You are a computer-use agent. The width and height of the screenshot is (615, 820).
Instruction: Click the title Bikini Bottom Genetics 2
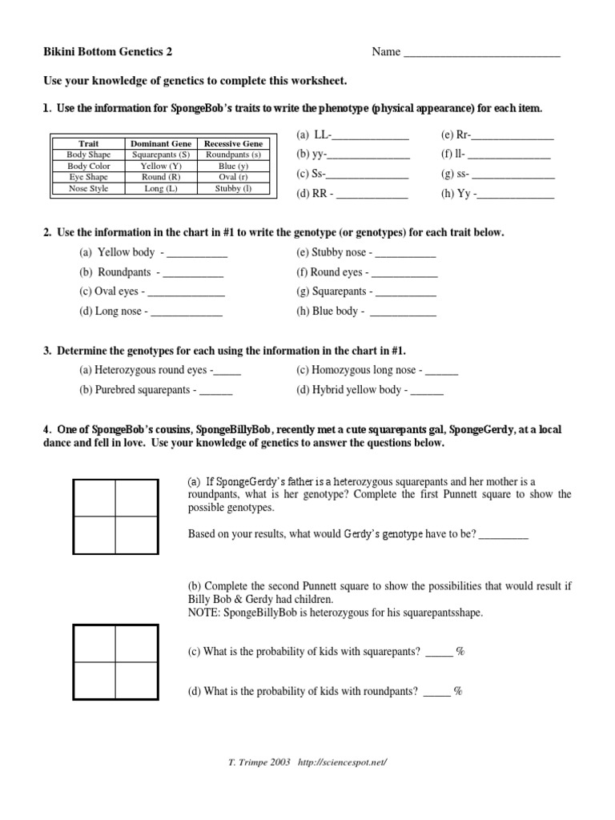pos(107,53)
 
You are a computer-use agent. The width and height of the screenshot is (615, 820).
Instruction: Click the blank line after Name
pos(481,54)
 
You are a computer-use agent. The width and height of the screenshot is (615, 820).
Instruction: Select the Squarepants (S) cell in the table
pos(161,155)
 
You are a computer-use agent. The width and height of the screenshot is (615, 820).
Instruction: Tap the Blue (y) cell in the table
pos(233,166)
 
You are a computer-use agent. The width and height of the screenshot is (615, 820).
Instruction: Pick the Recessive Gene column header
pos(233,143)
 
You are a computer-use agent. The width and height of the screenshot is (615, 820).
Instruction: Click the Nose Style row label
pos(88,189)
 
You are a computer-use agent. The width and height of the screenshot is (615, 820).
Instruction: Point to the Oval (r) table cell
pos(233,177)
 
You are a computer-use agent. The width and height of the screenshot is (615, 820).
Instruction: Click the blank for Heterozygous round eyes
pos(227,372)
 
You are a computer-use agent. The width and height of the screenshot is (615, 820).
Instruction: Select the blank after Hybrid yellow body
pos(426,392)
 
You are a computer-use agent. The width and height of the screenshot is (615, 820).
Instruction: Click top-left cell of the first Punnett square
pos(94,499)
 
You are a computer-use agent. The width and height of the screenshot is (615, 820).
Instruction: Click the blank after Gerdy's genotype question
pos(503,535)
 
